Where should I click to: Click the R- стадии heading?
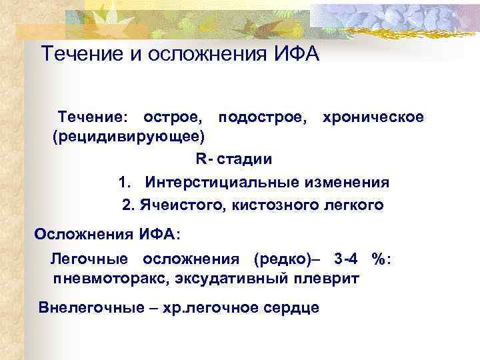[x=233, y=159]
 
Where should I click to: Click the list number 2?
[x=128, y=205]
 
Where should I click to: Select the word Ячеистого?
[x=181, y=205]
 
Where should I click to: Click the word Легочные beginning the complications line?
[x=91, y=259]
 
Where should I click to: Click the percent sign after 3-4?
[x=380, y=259]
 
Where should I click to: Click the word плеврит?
[x=328, y=278]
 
